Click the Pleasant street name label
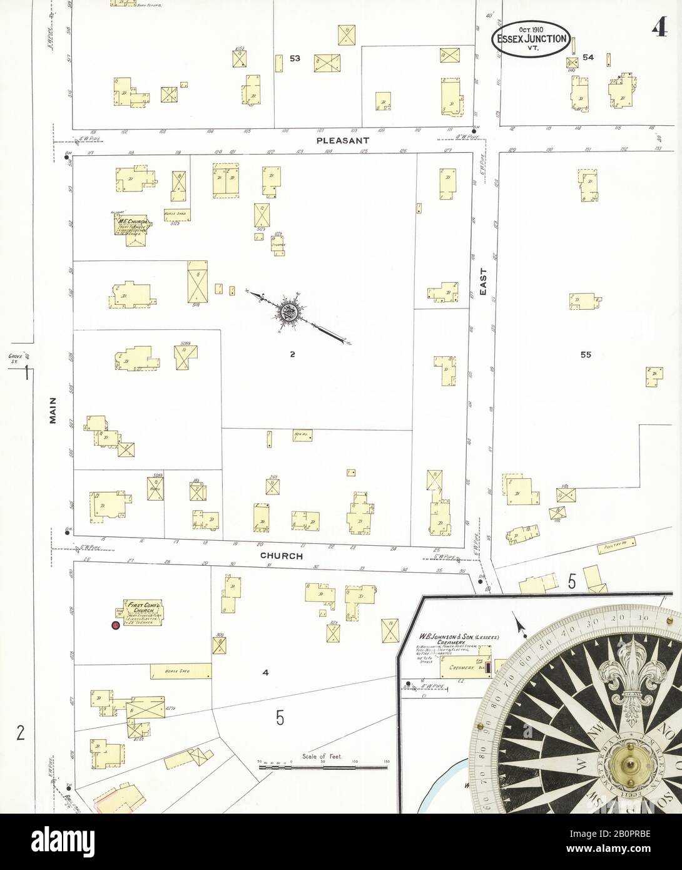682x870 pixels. tap(342, 141)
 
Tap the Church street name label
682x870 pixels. tap(282, 556)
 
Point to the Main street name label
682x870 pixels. tap(53, 411)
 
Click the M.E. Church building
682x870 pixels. tap(131, 225)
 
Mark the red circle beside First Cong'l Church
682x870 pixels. tap(115, 625)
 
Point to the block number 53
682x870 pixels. tap(295, 58)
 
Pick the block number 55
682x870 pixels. tap(585, 354)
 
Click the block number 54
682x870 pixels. tap(588, 58)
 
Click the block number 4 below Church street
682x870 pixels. tap(265, 673)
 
